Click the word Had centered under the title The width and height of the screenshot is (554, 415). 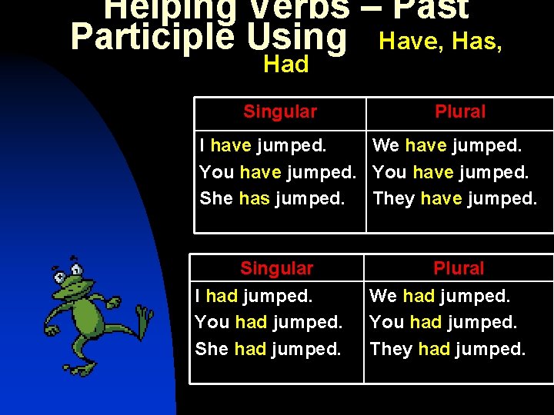click(285, 65)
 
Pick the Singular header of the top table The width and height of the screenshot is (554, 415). click(280, 112)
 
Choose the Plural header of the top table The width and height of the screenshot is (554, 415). click(460, 112)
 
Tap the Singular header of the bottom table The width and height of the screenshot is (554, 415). click(276, 269)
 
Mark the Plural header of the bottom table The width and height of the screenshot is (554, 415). click(459, 269)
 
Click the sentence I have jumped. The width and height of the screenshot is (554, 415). click(262, 145)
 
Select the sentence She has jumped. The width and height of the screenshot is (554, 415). click(272, 198)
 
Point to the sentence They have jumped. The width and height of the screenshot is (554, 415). click(455, 198)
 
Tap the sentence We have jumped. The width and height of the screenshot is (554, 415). click(447, 145)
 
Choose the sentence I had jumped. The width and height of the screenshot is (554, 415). click(254, 296)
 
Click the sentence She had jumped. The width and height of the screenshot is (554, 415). click(268, 349)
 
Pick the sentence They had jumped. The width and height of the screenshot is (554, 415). click(448, 349)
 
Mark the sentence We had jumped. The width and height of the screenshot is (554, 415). click(439, 296)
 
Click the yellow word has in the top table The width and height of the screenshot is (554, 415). click(254, 198)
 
